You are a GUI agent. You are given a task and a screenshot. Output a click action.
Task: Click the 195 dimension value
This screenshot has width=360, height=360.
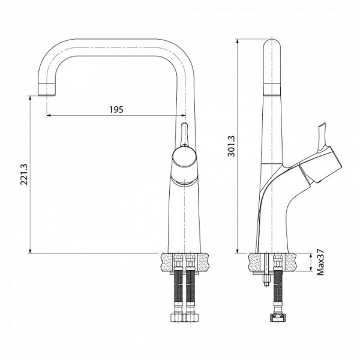click(x=116, y=109)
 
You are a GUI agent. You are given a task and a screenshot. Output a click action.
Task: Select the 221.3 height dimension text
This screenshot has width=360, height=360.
click(x=24, y=174)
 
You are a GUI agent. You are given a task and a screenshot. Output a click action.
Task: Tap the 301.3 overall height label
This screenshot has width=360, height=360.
click(x=232, y=145)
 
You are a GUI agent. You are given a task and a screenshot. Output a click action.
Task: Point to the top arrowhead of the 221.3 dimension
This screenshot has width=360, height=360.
click(x=30, y=97)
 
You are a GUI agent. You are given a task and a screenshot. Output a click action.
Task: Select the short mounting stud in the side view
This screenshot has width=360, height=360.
click(x=263, y=280)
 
